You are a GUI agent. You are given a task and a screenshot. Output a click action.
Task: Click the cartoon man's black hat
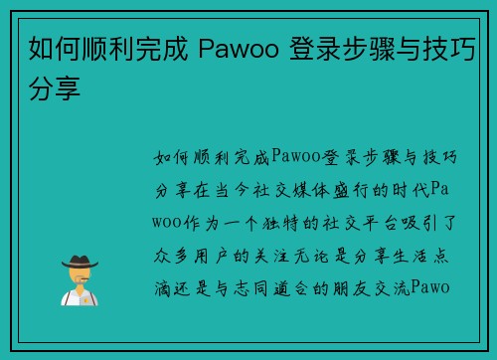pyautogui.click(x=79, y=261)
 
